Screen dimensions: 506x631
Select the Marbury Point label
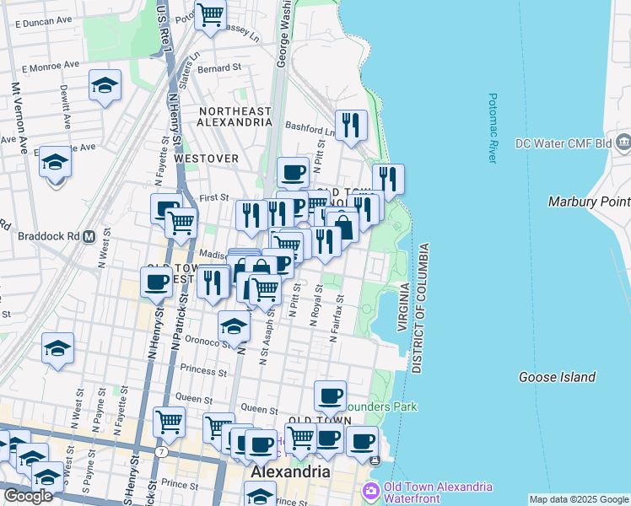(x=588, y=202)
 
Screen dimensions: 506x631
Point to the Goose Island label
(x=557, y=377)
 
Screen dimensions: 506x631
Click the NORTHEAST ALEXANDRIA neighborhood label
(x=235, y=116)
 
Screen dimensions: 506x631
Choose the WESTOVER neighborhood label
(x=207, y=159)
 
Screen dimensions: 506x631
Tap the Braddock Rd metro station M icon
(x=89, y=237)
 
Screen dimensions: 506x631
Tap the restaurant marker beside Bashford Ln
(x=350, y=125)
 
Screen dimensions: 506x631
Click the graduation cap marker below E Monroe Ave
(x=105, y=84)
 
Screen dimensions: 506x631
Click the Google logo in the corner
(x=28, y=496)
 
